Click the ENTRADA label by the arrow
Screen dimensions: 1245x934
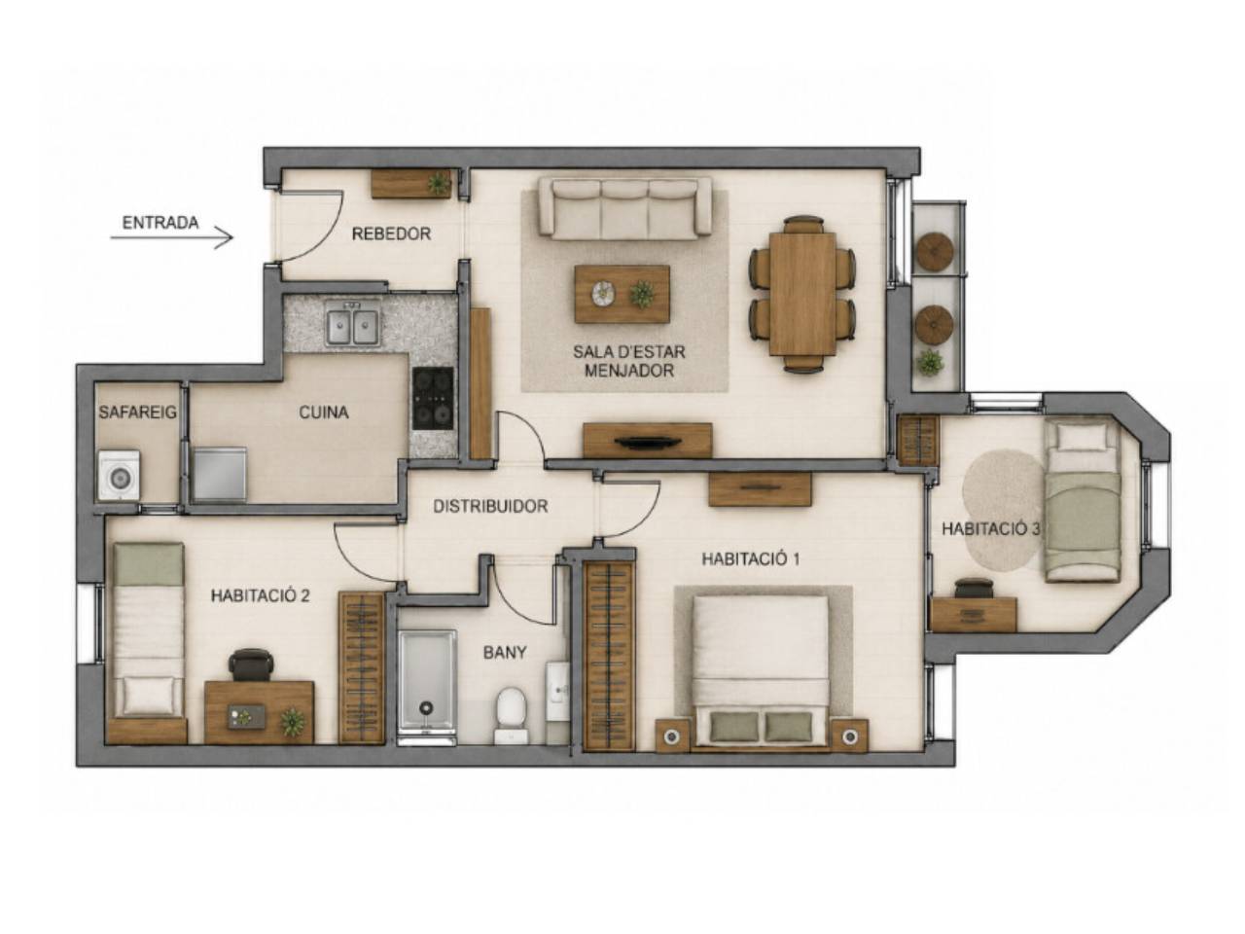pos(160,222)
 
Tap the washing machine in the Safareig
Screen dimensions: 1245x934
pos(119,475)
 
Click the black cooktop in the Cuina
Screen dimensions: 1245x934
pos(433,398)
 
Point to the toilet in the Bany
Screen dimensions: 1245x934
pos(511,715)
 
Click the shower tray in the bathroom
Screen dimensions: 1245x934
pos(427,687)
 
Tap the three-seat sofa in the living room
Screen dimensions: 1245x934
pos(624,207)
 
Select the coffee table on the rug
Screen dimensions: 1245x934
pos(622,294)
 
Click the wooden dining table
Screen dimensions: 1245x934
pos(802,294)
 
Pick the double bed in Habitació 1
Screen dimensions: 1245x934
pos(762,670)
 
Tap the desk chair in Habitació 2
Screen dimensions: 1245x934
pos(251,665)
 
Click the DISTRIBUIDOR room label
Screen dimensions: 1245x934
pos(490,506)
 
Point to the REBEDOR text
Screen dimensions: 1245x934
pos(391,233)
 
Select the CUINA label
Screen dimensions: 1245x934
pos(323,413)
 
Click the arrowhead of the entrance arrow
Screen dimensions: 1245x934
pos(229,237)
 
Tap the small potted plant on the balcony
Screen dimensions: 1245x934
pos(929,362)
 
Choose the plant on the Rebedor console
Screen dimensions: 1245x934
pos(439,183)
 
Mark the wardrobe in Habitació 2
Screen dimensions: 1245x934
pos(361,667)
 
